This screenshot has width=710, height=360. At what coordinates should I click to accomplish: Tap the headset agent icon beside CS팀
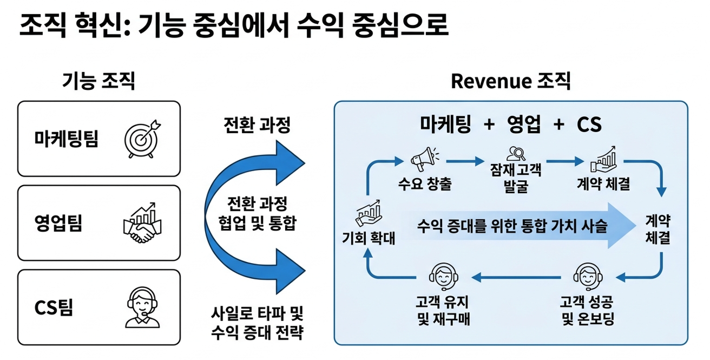(x=142, y=307)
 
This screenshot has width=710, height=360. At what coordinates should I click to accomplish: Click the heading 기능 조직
(x=99, y=81)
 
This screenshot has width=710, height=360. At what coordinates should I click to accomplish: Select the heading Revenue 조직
(x=510, y=81)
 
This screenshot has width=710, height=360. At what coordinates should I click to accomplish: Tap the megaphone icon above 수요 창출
(x=424, y=156)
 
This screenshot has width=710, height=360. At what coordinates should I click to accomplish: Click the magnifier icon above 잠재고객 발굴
(x=515, y=154)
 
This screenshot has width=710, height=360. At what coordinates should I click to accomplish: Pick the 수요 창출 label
(x=424, y=184)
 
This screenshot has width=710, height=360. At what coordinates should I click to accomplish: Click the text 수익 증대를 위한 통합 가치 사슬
(x=512, y=225)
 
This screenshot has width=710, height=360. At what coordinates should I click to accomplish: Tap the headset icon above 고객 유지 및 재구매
(x=443, y=276)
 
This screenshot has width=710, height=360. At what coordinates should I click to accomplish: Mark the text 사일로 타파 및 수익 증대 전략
(x=257, y=322)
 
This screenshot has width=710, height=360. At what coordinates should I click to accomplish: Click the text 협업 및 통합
(x=257, y=224)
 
